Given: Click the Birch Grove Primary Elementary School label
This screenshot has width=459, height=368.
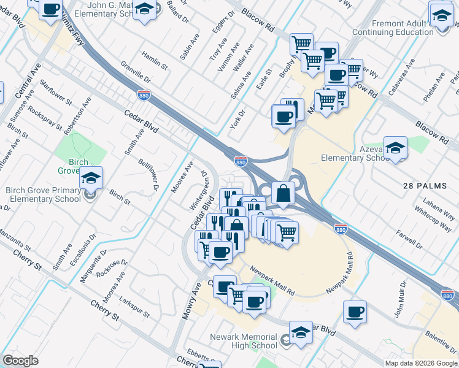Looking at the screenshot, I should click(43, 194).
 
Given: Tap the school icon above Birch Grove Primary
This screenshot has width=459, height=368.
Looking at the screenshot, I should click(91, 179).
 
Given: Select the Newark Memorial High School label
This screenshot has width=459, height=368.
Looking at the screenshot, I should click(244, 341).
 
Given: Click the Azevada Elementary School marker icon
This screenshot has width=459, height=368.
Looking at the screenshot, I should click(396, 148).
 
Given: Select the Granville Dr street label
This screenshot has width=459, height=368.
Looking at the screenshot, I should click(136, 75).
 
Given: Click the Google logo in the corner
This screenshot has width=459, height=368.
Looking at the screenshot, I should click(20, 361).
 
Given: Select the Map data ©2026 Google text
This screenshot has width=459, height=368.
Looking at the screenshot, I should click(420, 363).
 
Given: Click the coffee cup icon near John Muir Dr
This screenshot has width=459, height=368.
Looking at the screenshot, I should click(355, 312).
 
